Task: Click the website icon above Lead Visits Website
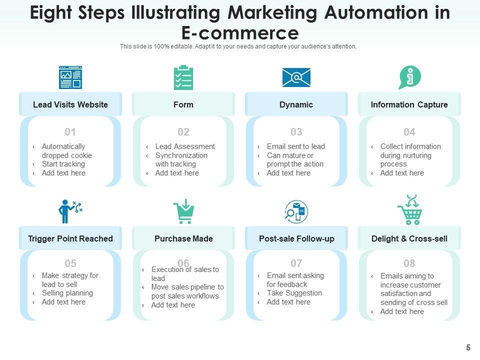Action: pyautogui.click(x=70, y=77)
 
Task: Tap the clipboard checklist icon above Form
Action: pyautogui.click(x=183, y=77)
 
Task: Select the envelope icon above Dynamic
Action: pyautogui.click(x=296, y=77)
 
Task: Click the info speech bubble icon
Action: pyautogui.click(x=409, y=77)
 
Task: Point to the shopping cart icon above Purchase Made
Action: pyautogui.click(x=183, y=211)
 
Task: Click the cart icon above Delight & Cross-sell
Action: pyautogui.click(x=409, y=210)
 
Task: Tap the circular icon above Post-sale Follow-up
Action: pyautogui.click(x=296, y=211)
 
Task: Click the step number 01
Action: pyautogui.click(x=70, y=132)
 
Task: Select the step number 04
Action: pyautogui.click(x=409, y=132)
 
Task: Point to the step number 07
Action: pyautogui.click(x=296, y=263)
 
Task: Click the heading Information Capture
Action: pyautogui.click(x=409, y=104)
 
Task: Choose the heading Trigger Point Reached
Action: pyautogui.click(x=70, y=238)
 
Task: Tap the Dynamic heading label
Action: pyautogui.click(x=296, y=104)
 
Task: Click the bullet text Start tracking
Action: pyautogui.click(x=63, y=164)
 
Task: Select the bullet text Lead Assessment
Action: pyautogui.click(x=185, y=146)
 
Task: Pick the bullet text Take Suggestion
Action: pyautogui.click(x=294, y=293)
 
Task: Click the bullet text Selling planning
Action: pyautogui.click(x=67, y=293)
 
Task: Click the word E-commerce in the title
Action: pyautogui.click(x=239, y=33)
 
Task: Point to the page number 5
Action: pyautogui.click(x=468, y=347)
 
